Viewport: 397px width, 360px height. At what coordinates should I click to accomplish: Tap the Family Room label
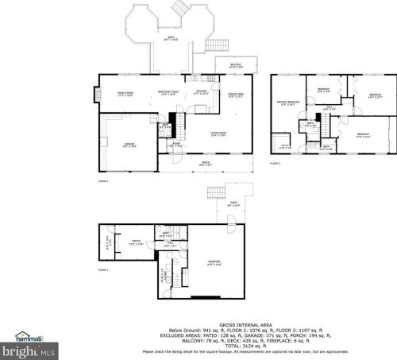click(x=125, y=93)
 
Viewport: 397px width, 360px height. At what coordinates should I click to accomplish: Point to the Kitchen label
click(x=203, y=91)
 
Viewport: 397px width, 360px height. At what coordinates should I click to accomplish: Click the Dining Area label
click(x=236, y=94)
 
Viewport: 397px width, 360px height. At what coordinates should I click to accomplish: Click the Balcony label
click(x=236, y=66)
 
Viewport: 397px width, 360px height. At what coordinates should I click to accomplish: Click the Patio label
click(x=234, y=205)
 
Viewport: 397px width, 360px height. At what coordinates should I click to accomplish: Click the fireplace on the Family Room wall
click(x=97, y=95)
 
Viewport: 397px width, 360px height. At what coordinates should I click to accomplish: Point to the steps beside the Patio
click(x=215, y=193)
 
